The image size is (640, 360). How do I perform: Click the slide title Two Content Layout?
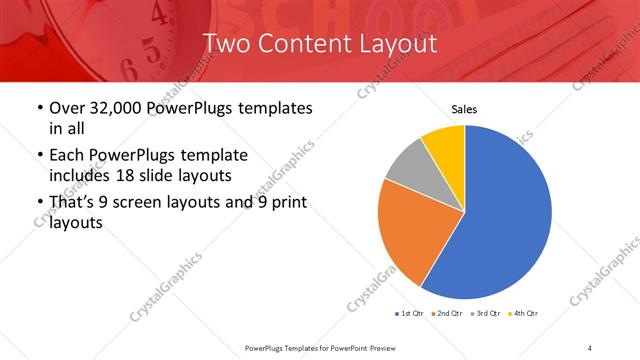[320, 44]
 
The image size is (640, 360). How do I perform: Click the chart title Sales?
[464, 108]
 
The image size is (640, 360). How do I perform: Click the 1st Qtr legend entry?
[410, 314]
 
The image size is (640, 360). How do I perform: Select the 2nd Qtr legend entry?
[445, 314]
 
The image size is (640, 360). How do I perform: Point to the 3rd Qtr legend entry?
[485, 314]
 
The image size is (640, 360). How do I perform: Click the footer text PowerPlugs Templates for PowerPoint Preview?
[322, 347]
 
